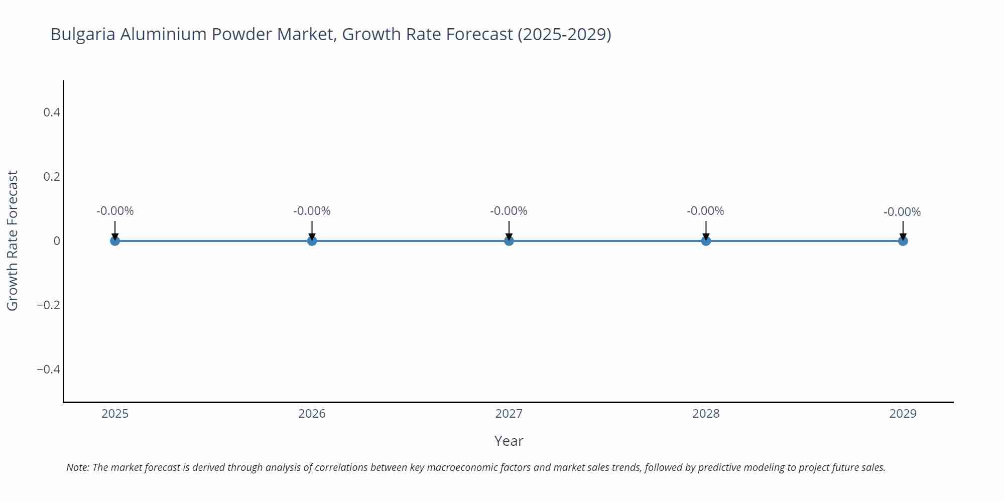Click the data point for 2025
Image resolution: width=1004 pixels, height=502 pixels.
pyautogui.click(x=115, y=241)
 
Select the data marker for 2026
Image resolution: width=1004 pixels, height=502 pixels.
pyautogui.click(x=312, y=241)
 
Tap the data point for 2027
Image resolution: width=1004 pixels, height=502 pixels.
pyautogui.click(x=509, y=241)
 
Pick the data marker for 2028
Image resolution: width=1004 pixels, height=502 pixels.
pyautogui.click(x=706, y=241)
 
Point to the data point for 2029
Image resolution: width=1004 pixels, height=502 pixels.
pyautogui.click(x=903, y=241)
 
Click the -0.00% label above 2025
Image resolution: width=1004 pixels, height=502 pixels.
pyautogui.click(x=115, y=211)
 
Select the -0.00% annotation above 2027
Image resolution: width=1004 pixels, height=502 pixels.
pyautogui.click(x=509, y=211)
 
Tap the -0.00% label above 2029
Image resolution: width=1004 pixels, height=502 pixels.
pyautogui.click(x=902, y=212)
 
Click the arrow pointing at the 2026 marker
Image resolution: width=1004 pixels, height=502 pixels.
pyautogui.click(x=312, y=230)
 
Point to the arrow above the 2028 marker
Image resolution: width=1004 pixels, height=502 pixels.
pyautogui.click(x=706, y=230)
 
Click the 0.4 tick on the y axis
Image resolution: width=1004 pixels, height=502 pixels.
pyautogui.click(x=52, y=112)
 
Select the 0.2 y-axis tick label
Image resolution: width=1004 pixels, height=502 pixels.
pyautogui.click(x=52, y=177)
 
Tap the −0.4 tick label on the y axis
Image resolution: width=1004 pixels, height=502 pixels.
pyautogui.click(x=49, y=369)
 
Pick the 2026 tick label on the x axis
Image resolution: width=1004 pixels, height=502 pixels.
pyautogui.click(x=312, y=414)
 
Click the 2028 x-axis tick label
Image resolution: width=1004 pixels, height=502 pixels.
pyautogui.click(x=706, y=414)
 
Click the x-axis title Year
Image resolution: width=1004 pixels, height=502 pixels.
pyautogui.click(x=509, y=441)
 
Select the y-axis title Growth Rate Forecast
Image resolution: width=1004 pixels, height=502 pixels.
pyautogui.click(x=13, y=240)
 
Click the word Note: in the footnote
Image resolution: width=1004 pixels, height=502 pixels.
pyautogui.click(x=78, y=467)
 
